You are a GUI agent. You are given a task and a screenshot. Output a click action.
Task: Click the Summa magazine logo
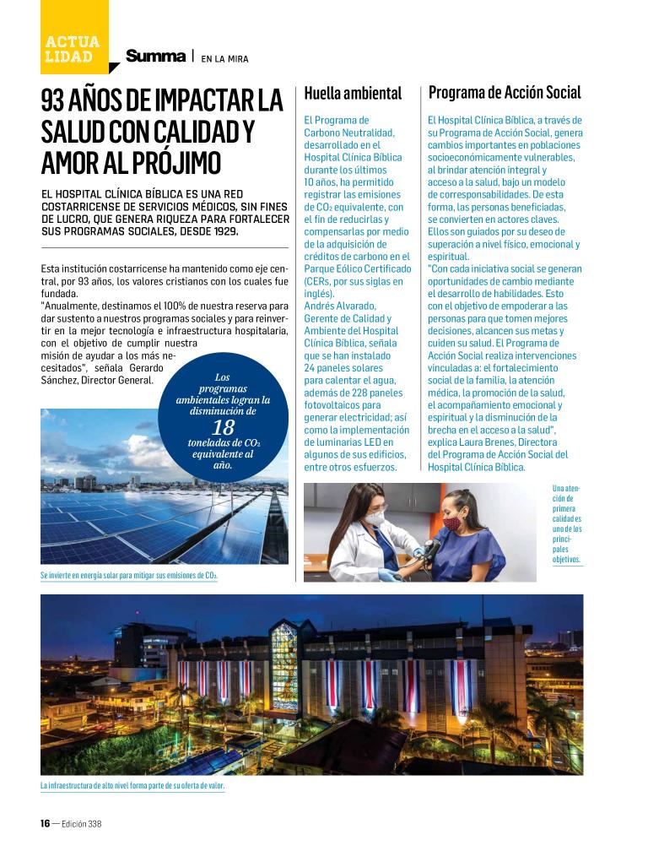coord(155,57)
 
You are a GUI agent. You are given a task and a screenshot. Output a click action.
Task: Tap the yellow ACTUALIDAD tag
coord(73,49)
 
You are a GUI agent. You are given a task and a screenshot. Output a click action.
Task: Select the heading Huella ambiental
coord(353,93)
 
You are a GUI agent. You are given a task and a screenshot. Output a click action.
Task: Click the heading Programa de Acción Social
coord(505,92)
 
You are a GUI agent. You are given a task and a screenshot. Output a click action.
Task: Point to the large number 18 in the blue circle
coord(224,427)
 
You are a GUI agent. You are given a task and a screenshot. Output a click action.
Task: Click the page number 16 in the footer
coord(46,822)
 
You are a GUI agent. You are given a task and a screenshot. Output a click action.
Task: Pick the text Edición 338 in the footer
coord(83,822)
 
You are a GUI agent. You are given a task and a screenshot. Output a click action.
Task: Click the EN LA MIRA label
coord(224,58)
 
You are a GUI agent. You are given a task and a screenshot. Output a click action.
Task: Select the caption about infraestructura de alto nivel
coord(132,786)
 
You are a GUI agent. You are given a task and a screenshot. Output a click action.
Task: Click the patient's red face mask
coord(454,523)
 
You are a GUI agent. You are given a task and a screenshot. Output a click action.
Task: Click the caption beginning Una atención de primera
coord(567,523)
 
